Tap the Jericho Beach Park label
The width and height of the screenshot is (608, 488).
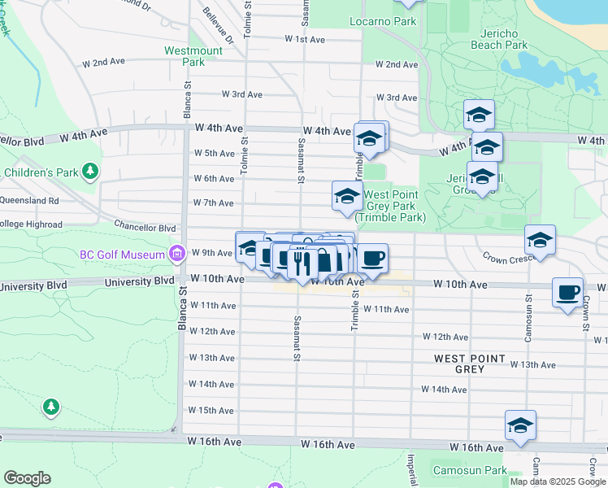point(499,39)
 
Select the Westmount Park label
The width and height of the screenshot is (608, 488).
point(193,55)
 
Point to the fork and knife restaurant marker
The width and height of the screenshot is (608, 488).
point(302,263)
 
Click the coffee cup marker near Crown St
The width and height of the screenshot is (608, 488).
point(567,291)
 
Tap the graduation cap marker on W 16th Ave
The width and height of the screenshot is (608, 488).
point(520,425)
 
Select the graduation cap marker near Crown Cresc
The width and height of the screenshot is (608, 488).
point(539,239)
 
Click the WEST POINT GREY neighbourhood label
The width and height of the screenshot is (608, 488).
point(470,364)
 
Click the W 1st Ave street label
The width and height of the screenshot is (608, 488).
point(305,39)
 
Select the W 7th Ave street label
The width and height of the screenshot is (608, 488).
point(212,203)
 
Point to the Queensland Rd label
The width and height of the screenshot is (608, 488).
point(29,200)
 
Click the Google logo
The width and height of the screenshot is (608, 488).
point(27,478)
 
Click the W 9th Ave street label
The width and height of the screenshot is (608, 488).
point(212,253)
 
